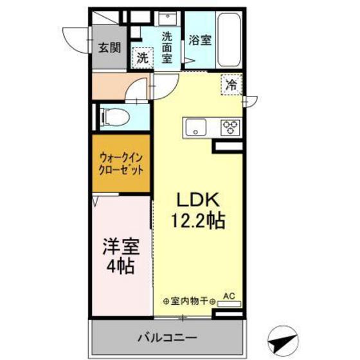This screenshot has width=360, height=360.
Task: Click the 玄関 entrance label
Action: coord(109,47)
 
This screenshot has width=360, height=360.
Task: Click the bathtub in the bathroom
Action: coord(229,39)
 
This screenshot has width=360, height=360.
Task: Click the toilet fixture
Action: coord(117,116)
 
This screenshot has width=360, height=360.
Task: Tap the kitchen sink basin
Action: coord(194,127)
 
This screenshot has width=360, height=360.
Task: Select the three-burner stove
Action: coord(230,127)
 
